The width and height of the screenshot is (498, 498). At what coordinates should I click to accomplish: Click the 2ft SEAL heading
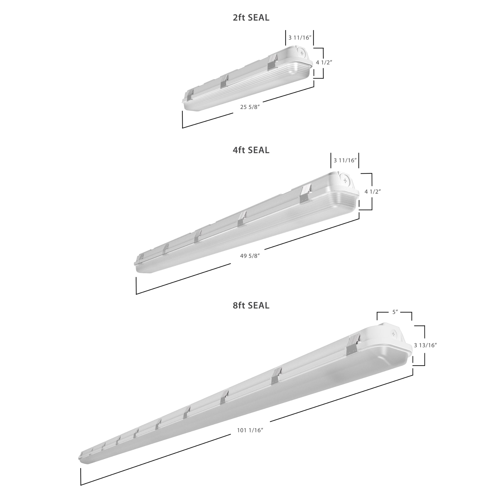click(251, 17)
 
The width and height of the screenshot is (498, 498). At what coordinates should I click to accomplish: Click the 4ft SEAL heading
click(251, 150)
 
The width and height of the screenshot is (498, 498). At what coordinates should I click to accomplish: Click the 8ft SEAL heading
click(251, 305)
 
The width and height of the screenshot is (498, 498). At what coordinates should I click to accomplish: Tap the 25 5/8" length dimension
click(250, 107)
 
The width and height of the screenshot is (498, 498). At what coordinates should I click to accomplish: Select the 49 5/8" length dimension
click(250, 256)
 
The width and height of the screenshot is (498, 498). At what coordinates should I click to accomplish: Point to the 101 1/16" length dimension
click(250, 430)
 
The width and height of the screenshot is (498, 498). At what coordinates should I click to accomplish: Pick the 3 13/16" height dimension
click(425, 345)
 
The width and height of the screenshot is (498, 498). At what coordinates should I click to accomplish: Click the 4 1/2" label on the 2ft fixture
click(324, 62)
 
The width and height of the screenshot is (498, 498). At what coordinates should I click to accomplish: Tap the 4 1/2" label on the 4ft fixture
click(373, 191)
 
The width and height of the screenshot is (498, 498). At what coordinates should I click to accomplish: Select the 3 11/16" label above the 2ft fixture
click(300, 38)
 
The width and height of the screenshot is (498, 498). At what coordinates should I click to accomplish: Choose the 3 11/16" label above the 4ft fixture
click(345, 160)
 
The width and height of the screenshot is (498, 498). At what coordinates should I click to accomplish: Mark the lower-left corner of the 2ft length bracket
click(183, 128)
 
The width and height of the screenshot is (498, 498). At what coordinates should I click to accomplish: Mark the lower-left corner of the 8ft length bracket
click(81, 485)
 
